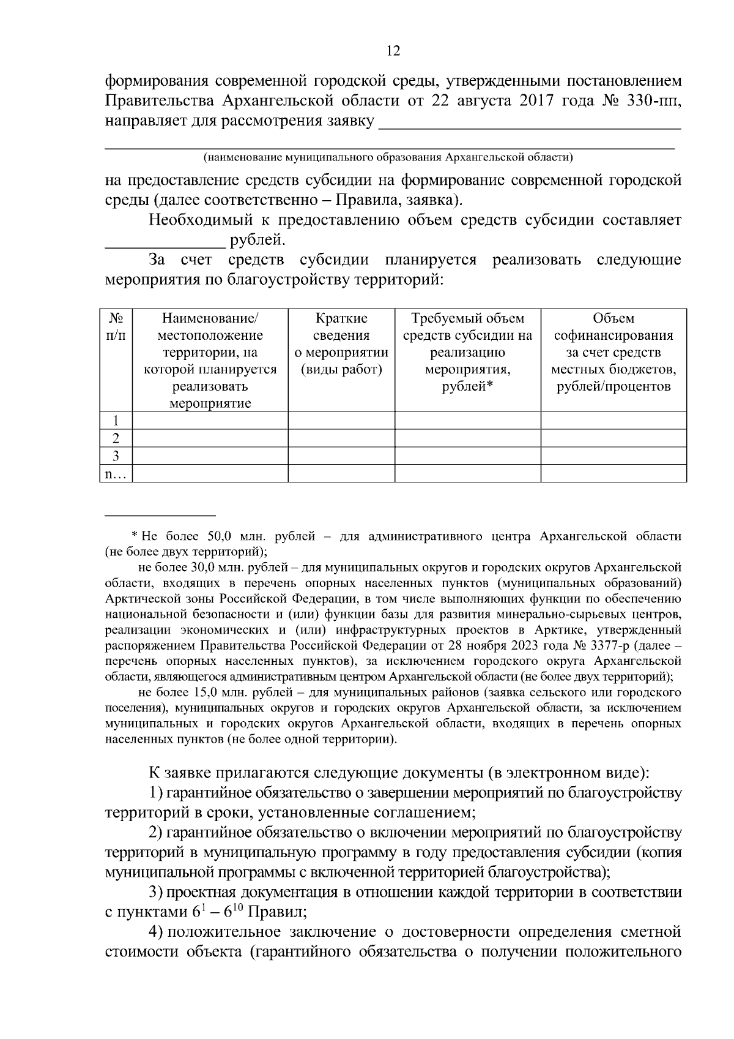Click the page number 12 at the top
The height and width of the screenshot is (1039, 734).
click(x=393, y=51)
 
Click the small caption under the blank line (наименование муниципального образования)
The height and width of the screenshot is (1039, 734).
click(x=388, y=157)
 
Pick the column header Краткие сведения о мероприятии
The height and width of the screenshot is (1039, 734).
click(x=341, y=344)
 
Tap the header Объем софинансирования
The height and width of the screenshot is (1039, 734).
click(x=614, y=353)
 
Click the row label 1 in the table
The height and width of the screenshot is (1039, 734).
click(x=116, y=421)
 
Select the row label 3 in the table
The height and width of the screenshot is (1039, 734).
click(x=116, y=456)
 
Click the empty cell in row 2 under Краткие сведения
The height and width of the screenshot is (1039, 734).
click(x=341, y=438)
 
